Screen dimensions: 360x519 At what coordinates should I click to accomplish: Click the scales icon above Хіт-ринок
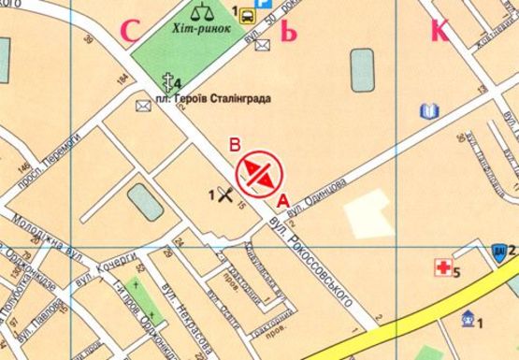click(x=201, y=12)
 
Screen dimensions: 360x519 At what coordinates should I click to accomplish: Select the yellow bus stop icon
click(x=248, y=15)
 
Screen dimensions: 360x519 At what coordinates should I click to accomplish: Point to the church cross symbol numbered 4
click(x=169, y=81)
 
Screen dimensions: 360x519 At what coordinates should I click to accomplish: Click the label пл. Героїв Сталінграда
click(x=203, y=97)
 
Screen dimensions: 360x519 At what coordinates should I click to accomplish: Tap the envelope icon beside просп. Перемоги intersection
click(x=143, y=106)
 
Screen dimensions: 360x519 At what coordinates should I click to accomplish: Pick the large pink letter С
click(x=130, y=31)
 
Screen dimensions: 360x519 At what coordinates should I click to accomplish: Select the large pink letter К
click(x=439, y=30)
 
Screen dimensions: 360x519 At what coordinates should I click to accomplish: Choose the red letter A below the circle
click(x=282, y=199)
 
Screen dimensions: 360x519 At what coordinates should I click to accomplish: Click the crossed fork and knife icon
click(x=224, y=194)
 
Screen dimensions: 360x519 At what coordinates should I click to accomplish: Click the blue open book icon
click(x=427, y=113)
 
